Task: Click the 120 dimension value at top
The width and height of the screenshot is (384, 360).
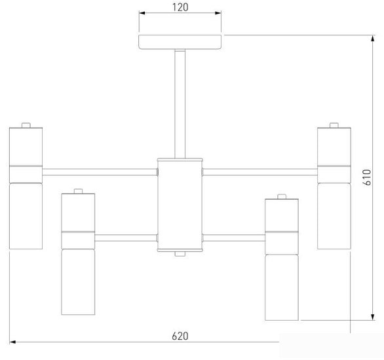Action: pyautogui.click(x=180, y=7)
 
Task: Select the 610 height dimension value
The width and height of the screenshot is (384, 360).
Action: pyautogui.click(x=367, y=177)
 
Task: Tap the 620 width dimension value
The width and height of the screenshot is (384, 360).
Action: pyautogui.click(x=180, y=336)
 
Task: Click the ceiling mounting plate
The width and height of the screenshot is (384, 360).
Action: pyautogui.click(x=180, y=42)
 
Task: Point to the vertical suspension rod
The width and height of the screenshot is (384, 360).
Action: pyautogui.click(x=180, y=104)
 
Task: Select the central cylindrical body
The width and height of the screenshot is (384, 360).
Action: pyautogui.click(x=180, y=205)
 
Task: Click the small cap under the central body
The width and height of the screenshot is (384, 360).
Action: pyautogui.click(x=180, y=254)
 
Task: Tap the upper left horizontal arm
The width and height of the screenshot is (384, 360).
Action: pyautogui.click(x=100, y=172)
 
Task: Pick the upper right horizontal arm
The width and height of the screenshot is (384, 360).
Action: pyautogui.click(x=260, y=172)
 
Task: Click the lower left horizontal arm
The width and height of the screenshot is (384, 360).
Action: pyautogui.click(x=126, y=238)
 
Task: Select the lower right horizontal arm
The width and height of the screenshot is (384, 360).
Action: pyautogui.click(x=234, y=238)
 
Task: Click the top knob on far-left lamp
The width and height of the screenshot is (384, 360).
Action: pyautogui.click(x=26, y=125)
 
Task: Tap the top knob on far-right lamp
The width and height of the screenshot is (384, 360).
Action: pyautogui.click(x=334, y=125)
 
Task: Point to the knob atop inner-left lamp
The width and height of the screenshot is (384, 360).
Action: pyautogui.click(x=79, y=191)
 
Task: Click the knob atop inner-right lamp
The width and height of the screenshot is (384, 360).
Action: pyautogui.click(x=282, y=196)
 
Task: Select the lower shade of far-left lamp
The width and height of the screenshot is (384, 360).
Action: pyautogui.click(x=26, y=216)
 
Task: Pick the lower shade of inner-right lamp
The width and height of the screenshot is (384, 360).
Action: pyautogui.click(x=282, y=287)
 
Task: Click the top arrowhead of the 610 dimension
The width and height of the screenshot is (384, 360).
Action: pyautogui.click(x=372, y=39)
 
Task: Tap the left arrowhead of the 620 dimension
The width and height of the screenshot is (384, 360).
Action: pyautogui.click(x=12, y=342)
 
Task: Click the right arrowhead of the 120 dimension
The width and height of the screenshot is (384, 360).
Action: pyautogui.click(x=218, y=13)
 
